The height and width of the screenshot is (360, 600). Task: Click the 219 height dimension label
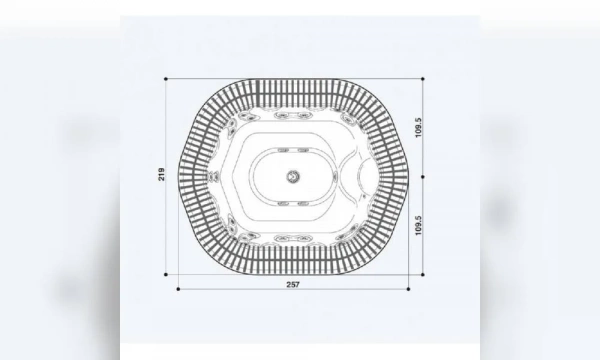(x=162, y=175)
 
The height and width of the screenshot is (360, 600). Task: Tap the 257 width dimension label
(x=293, y=285)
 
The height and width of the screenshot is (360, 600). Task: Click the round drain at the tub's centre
(x=294, y=176)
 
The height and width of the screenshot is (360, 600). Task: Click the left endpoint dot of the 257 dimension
(x=179, y=289)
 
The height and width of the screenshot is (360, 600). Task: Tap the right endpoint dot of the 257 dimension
(x=408, y=289)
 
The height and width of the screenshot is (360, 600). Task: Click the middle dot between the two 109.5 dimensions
(x=424, y=177)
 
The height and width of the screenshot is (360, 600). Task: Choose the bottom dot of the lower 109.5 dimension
(x=424, y=272)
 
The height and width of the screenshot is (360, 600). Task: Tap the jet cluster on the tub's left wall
(x=212, y=176)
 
